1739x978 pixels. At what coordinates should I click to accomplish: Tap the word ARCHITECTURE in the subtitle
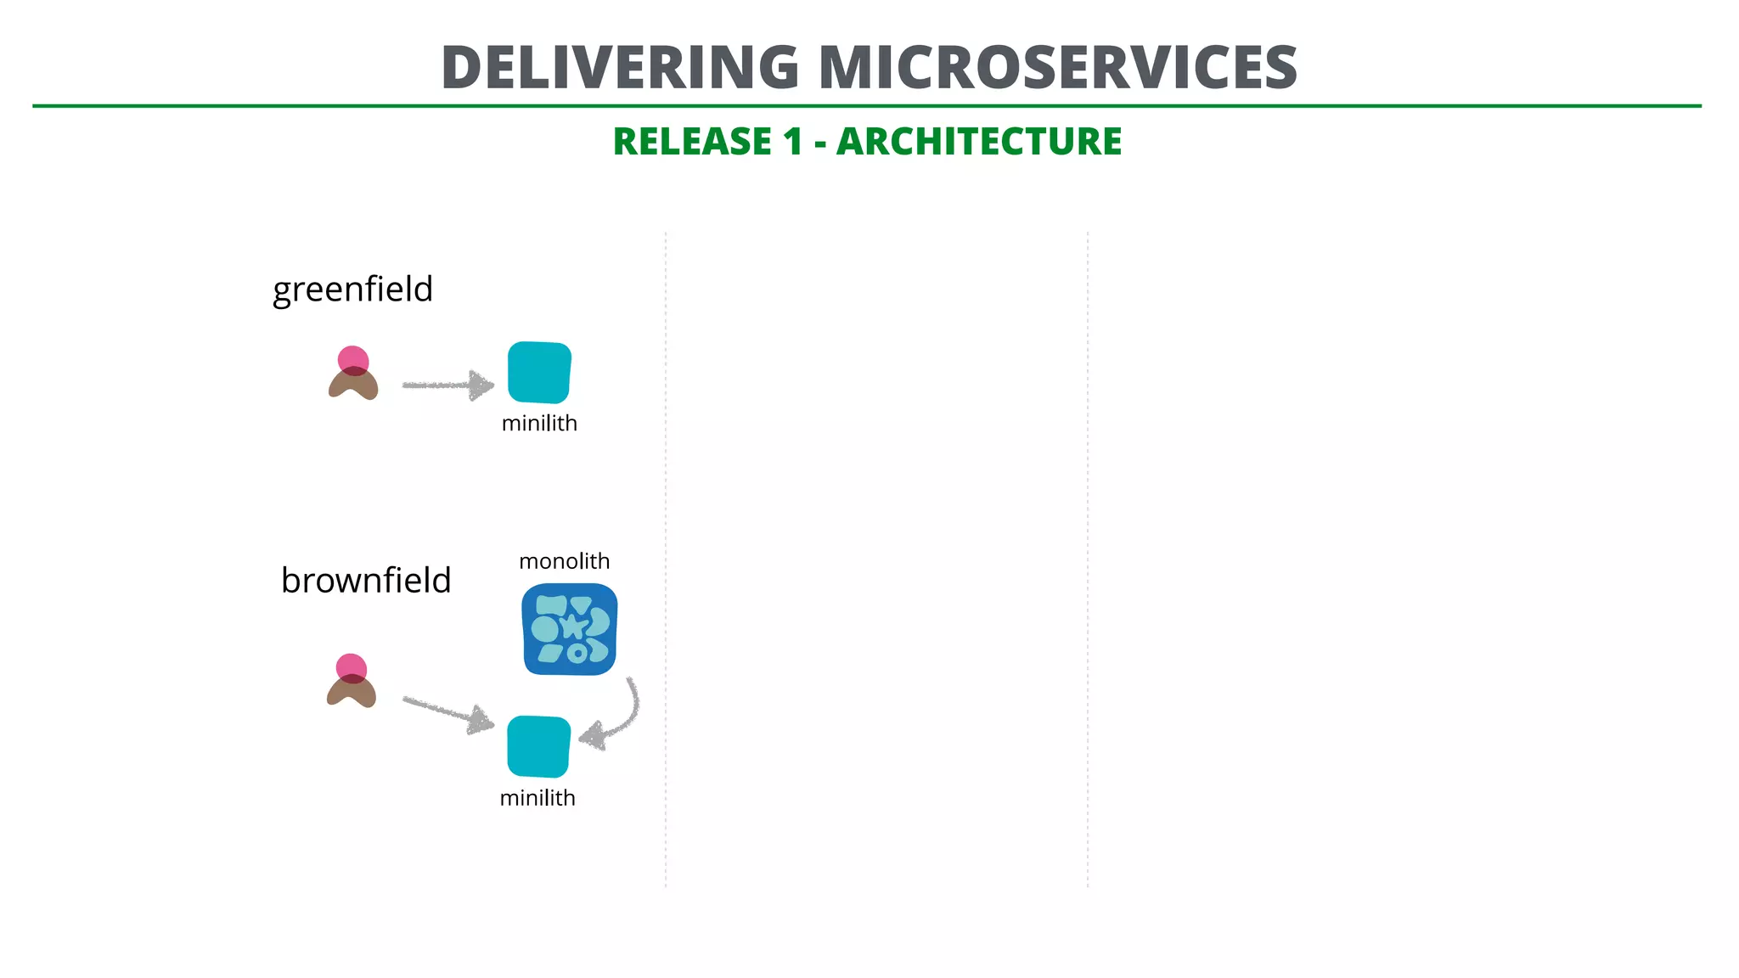[978, 142]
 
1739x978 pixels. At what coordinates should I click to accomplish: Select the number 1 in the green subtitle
[792, 142]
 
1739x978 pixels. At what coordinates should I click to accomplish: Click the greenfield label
[352, 289]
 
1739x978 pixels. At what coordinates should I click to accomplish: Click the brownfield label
[366, 581]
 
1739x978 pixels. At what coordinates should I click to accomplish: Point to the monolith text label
[564, 561]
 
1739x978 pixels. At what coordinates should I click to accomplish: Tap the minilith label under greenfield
[539, 424]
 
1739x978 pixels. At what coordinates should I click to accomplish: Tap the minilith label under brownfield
[537, 798]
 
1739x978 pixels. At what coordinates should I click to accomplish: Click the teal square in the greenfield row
[539, 372]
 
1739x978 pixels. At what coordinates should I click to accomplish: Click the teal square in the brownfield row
[538, 746]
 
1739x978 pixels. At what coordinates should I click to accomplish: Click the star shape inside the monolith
[574, 627]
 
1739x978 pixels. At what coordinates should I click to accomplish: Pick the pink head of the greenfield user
[353, 358]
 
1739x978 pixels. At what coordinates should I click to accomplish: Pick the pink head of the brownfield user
[351, 666]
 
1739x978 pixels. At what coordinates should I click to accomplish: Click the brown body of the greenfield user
[353, 386]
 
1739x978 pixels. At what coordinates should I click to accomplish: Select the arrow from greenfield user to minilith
[446, 385]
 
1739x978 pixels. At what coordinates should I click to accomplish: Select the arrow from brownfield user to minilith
[446, 712]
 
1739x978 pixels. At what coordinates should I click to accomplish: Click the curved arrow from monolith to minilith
[626, 717]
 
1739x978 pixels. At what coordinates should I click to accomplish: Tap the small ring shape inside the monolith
[577, 653]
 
